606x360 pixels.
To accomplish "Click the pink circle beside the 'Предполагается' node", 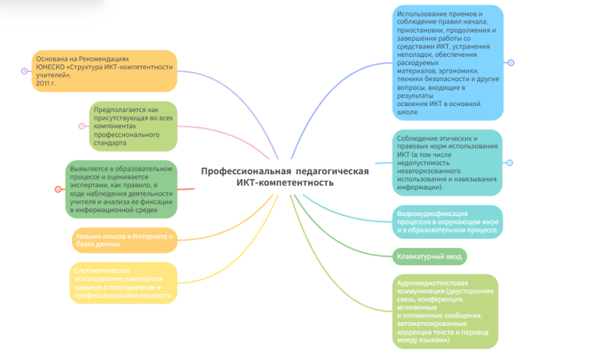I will [83, 126].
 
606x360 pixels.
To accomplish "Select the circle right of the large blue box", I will [511, 63].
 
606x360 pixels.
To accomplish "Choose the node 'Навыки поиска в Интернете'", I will [125, 240].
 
